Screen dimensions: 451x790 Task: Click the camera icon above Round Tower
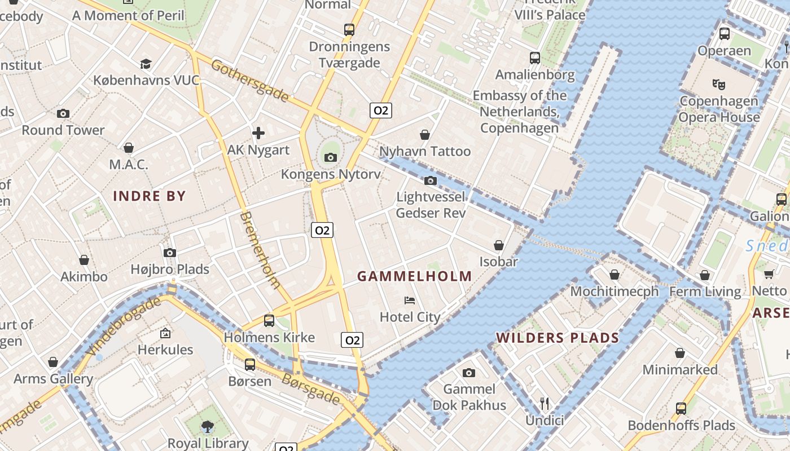[63, 113]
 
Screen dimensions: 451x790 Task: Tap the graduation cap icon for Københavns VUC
[146, 63]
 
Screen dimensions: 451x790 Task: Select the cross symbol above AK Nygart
[258, 133]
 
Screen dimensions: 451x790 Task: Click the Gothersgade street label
[249, 81]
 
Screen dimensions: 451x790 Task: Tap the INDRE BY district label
[150, 196]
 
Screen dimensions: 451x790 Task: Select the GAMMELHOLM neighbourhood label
[415, 276]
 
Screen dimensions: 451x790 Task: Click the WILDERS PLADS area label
[558, 338]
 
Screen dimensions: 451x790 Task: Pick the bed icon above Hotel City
[410, 300]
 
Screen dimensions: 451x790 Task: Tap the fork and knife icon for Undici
[545, 404]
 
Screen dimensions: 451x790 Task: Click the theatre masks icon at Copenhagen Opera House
[718, 84]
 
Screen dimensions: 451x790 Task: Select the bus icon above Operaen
[725, 33]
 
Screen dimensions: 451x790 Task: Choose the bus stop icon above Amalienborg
[534, 58]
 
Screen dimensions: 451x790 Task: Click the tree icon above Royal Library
[208, 427]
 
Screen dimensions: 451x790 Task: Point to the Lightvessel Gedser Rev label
[431, 205]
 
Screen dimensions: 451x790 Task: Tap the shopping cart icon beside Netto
[769, 274]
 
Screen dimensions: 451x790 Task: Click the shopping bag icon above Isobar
[499, 245]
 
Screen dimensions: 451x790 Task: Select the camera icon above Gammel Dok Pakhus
[469, 373]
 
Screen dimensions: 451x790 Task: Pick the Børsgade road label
[311, 389]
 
